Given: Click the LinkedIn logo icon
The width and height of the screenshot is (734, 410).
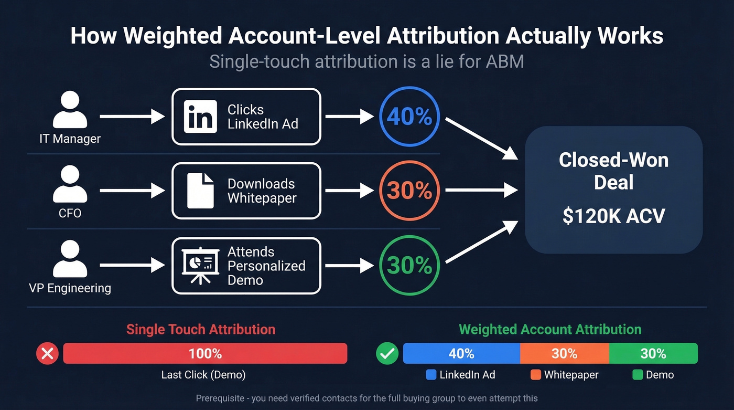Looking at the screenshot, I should pos(200,117).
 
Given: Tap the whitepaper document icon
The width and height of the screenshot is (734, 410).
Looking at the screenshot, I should pos(201,191).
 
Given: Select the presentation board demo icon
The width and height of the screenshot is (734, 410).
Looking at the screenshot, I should pos(200,265).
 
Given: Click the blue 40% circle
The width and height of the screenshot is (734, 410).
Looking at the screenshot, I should pos(409,117).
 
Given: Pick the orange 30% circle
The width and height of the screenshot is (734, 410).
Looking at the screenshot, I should pos(409,191).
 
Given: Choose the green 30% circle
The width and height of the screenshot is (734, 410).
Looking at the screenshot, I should pos(409,265).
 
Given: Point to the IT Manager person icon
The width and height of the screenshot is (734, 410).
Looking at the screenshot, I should pos(70,110).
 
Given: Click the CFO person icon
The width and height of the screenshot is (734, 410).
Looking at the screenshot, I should pos(70,184).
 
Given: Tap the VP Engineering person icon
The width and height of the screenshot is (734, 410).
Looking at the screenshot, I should pos(70,259).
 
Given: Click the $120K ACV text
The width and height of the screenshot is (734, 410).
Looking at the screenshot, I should pos(613,216).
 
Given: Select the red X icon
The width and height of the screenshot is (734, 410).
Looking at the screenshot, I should pos(47,353).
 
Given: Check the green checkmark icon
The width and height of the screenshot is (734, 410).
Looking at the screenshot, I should pos(387,353).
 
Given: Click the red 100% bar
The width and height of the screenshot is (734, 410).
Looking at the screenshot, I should pos(205,353).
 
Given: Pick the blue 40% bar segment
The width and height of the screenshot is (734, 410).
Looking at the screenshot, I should pos(461,353).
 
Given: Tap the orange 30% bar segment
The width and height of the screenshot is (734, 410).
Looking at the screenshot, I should pos(564,353).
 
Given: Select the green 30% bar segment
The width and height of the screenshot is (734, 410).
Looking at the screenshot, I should pos(653,353).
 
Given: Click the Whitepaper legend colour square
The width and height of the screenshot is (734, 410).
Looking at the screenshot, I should pos(535,375).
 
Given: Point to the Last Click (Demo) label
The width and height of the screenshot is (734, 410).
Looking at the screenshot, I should pos(203,375).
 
